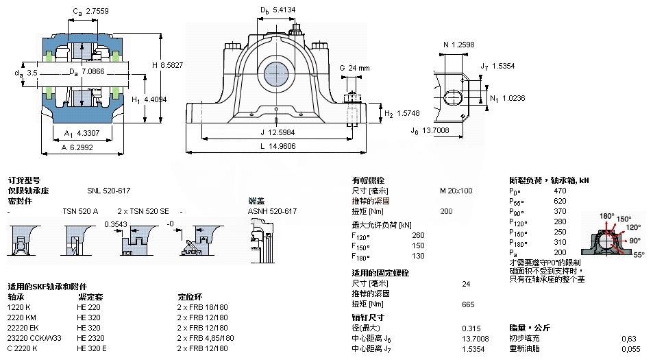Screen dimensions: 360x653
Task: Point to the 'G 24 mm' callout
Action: point(354,68)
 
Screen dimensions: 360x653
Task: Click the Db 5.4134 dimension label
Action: point(278,10)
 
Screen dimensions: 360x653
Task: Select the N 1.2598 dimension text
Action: point(458,45)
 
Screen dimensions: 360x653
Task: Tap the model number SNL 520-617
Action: point(108,191)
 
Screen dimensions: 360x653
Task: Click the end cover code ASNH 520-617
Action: point(272,211)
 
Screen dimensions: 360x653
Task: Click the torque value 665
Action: point(468,304)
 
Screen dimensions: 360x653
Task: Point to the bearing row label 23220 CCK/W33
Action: point(34,337)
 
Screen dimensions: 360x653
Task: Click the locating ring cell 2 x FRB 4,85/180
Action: point(206,337)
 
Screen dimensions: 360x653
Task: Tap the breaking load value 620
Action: point(560,201)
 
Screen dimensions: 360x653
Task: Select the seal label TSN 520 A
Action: point(80,211)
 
